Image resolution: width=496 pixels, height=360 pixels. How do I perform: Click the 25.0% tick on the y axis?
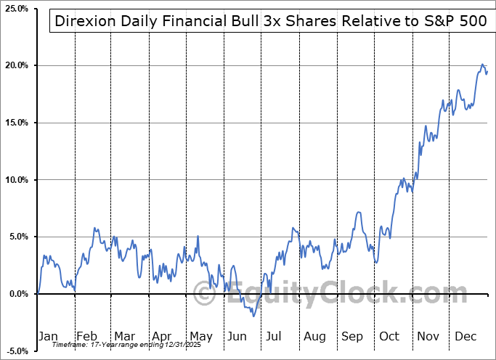pyautogui.click(x=15, y=9)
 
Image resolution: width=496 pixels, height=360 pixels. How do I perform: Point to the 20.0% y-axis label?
pyautogui.click(x=15, y=65)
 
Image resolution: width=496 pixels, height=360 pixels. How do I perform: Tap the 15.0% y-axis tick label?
pyautogui.click(x=15, y=123)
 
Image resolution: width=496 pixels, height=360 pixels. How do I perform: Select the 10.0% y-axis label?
pyautogui.click(x=15, y=179)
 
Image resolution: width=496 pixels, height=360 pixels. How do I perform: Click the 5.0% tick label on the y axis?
pyautogui.click(x=17, y=237)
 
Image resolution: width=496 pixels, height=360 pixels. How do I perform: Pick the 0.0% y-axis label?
pyautogui.click(x=17, y=294)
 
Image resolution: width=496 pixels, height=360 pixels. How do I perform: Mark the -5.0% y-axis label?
pyautogui.click(x=16, y=351)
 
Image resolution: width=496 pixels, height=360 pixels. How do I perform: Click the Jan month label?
pyautogui.click(x=48, y=336)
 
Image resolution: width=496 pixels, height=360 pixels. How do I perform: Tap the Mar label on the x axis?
pyautogui.click(x=123, y=336)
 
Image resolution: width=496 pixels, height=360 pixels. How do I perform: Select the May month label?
pyautogui.click(x=200, y=336)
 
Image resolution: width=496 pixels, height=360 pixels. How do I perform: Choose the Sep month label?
pyautogui.click(x=352, y=336)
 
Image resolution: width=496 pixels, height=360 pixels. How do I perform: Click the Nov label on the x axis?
pyautogui.click(x=428, y=336)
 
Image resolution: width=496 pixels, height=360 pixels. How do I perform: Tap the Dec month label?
pyautogui.click(x=465, y=336)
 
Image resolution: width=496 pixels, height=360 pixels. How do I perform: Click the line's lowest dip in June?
pyautogui.click(x=253, y=316)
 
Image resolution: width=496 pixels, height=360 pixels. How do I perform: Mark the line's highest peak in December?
pyautogui.click(x=482, y=65)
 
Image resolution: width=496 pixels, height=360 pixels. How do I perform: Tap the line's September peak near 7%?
pyautogui.click(x=359, y=212)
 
